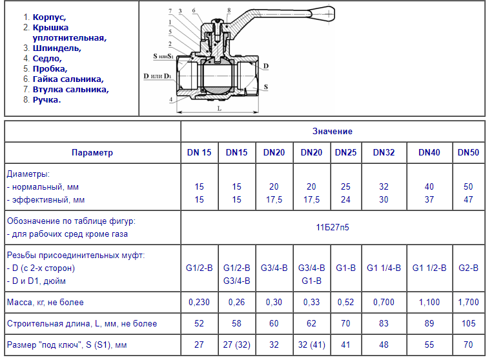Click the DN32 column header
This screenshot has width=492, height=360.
(x=384, y=152)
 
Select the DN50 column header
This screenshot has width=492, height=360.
(x=468, y=152)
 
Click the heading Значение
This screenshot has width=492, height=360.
(x=333, y=131)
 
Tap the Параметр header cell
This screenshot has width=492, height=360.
(x=92, y=153)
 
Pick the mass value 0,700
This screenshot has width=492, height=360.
(x=384, y=303)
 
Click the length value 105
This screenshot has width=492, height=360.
(x=468, y=323)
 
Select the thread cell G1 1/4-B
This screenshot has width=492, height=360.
(x=384, y=268)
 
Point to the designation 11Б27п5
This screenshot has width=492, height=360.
(x=333, y=227)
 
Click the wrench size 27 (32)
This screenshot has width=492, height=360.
(x=236, y=345)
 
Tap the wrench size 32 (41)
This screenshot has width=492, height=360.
(x=311, y=345)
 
